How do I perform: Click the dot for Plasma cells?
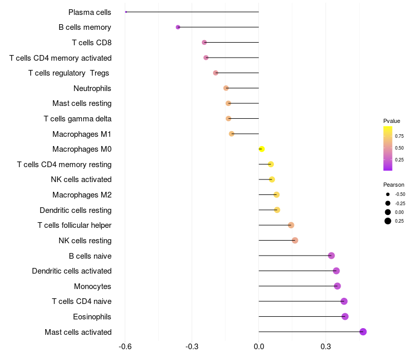click(x=126, y=12)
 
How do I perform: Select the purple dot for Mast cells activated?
click(x=363, y=332)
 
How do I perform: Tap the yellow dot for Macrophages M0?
click(x=261, y=149)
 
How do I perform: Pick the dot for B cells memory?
click(x=178, y=27)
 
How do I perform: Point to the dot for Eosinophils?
click(x=345, y=316)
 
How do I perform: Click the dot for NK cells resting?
click(x=295, y=240)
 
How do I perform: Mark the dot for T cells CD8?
click(x=204, y=43)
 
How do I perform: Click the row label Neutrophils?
click(x=92, y=88)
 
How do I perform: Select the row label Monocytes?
click(x=92, y=286)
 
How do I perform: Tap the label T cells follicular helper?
click(x=74, y=225)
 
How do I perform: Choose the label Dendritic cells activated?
click(x=72, y=271)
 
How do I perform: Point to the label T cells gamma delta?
click(x=78, y=119)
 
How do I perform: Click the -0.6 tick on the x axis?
click(x=125, y=347)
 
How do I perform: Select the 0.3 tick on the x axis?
click(x=326, y=347)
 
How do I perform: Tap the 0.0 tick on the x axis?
click(x=259, y=347)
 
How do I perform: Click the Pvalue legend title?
click(x=391, y=121)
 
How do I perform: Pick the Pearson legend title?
click(x=394, y=185)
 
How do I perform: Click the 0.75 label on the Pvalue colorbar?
click(x=399, y=136)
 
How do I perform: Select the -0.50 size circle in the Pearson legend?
click(x=388, y=194)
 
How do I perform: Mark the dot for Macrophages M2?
click(x=276, y=195)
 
